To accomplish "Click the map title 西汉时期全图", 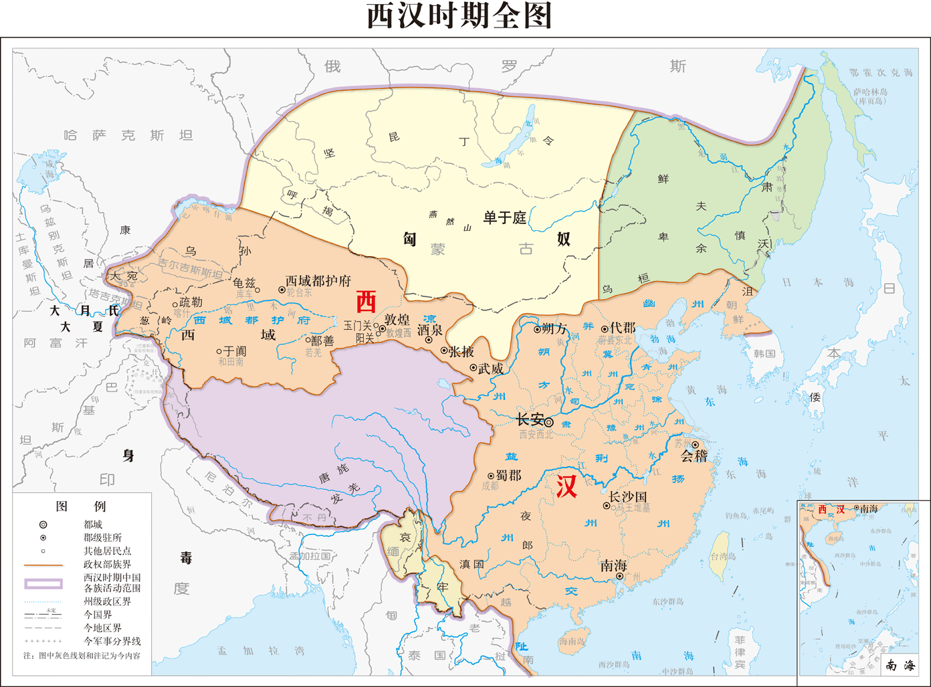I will pyautogui.click(x=459, y=16).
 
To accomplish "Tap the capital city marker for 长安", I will pyautogui.click(x=548, y=422).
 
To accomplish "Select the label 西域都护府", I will pyautogui.click(x=318, y=281).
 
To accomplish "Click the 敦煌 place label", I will pyautogui.click(x=397, y=320).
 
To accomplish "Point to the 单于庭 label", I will pyautogui.click(x=505, y=217).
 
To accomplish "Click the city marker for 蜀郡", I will pyautogui.click(x=491, y=476).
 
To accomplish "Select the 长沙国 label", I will pyautogui.click(x=627, y=497).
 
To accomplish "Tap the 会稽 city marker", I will pyautogui.click(x=695, y=445).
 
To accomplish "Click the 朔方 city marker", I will pyautogui.click(x=537, y=329).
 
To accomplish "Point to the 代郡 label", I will pyautogui.click(x=622, y=328).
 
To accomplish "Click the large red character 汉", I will pyautogui.click(x=566, y=486).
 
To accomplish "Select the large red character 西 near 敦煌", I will pyautogui.click(x=366, y=302).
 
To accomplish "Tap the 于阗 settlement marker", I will pyautogui.click(x=219, y=351).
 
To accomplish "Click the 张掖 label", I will pyautogui.click(x=461, y=351).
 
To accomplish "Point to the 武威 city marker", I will pyautogui.click(x=474, y=368).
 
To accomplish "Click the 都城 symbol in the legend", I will pyautogui.click(x=43, y=525).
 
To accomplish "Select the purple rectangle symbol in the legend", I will pyautogui.click(x=43, y=583).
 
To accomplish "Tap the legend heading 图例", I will pyautogui.click(x=80, y=506).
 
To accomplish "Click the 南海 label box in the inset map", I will pyautogui.click(x=900, y=665).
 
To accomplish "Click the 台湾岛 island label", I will pyautogui.click(x=723, y=557).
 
